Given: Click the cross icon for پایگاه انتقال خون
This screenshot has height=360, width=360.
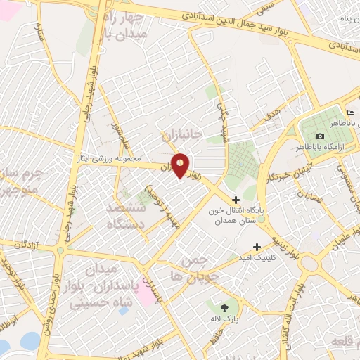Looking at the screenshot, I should coord(236,200).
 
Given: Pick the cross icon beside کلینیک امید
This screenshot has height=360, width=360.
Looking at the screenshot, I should coord(257,247).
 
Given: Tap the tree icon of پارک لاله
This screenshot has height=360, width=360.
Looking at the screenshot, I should coord(224,308).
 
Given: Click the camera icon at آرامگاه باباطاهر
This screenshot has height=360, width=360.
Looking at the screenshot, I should coord(321,136).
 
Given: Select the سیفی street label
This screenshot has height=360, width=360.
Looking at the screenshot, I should coord(266,9).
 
